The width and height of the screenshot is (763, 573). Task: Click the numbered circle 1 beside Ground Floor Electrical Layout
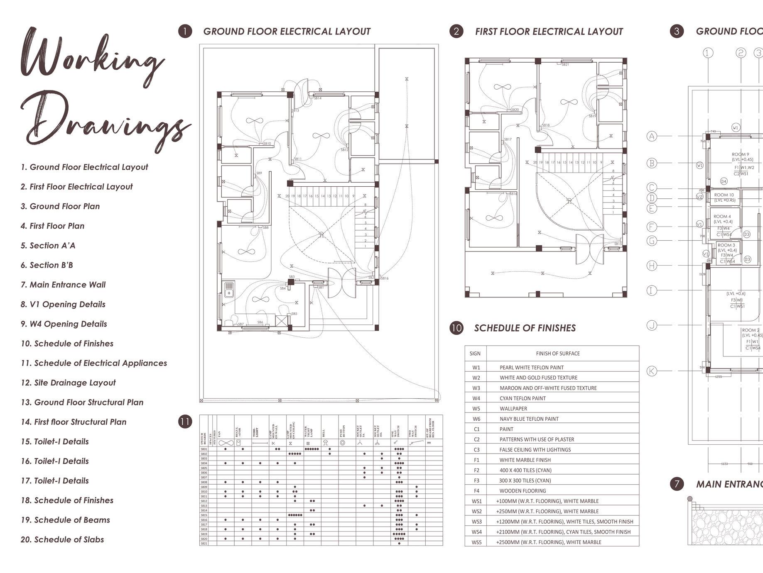[185, 32]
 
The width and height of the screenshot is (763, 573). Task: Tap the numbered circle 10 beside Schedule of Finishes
[456, 328]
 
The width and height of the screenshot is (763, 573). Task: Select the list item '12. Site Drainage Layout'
[68, 383]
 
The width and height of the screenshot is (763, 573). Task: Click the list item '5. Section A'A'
[48, 246]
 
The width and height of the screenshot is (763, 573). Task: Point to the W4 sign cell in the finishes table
[476, 398]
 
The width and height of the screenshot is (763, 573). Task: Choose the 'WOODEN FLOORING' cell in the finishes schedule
[523, 491]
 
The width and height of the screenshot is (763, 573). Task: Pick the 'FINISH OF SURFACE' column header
[557, 354]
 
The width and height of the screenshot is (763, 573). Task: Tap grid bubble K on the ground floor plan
[652, 371]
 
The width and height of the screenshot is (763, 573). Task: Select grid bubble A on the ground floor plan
[652, 136]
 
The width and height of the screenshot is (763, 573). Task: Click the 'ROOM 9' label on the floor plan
[740, 154]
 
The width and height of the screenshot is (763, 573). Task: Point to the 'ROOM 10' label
[724, 195]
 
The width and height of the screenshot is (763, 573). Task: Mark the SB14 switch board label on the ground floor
[317, 98]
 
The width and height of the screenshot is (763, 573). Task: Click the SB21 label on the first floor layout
[565, 65]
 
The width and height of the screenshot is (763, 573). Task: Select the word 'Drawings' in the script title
[104, 120]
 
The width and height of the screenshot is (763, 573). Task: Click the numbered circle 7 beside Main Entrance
[677, 484]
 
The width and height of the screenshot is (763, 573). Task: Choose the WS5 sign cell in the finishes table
[476, 542]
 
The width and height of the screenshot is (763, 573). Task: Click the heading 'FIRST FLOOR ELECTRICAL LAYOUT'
[549, 32]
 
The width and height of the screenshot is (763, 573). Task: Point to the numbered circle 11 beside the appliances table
[185, 422]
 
